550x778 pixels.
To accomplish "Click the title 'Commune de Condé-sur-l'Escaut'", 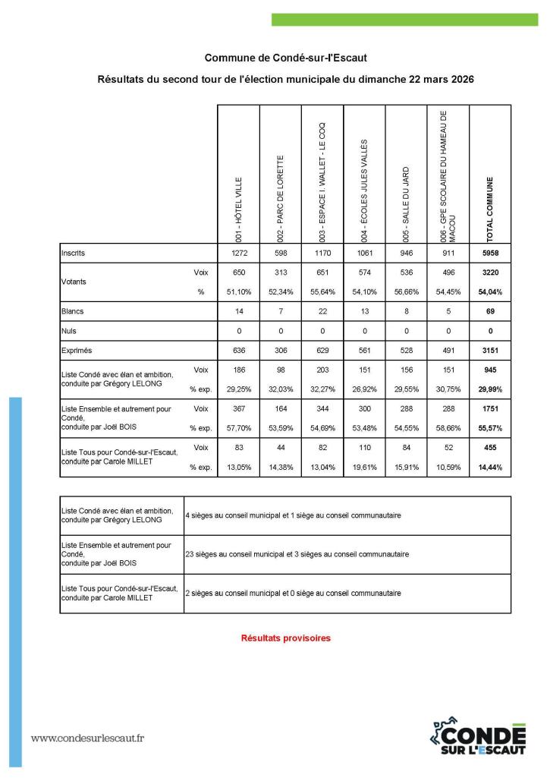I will [x=275, y=58].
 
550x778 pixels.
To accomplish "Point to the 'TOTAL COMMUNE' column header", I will [x=490, y=209].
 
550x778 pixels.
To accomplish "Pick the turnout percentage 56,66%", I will [x=406, y=291].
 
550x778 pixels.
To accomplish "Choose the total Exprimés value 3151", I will [x=490, y=351].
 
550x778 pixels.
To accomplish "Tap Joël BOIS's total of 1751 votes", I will [x=490, y=408].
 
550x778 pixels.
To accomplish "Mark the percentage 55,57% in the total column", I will [x=490, y=428].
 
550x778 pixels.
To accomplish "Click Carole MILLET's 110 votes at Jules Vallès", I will [x=364, y=448].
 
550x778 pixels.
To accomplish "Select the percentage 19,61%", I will [x=364, y=468].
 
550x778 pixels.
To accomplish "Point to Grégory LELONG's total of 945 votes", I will [x=490, y=370].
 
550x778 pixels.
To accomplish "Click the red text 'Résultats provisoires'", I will [x=285, y=638].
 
